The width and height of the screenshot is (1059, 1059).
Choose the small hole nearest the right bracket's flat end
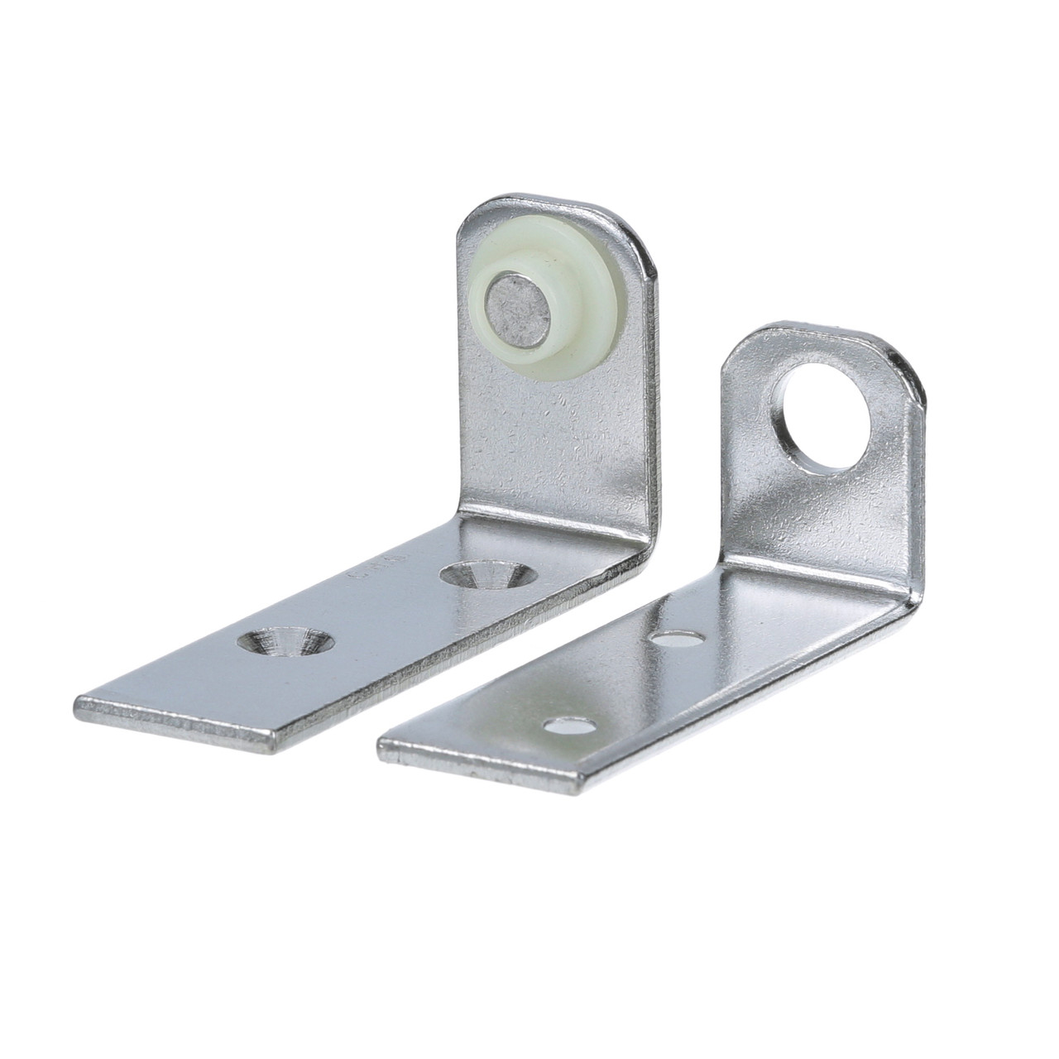click(x=571, y=727)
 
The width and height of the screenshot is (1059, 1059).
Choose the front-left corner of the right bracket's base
click(x=382, y=744)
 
